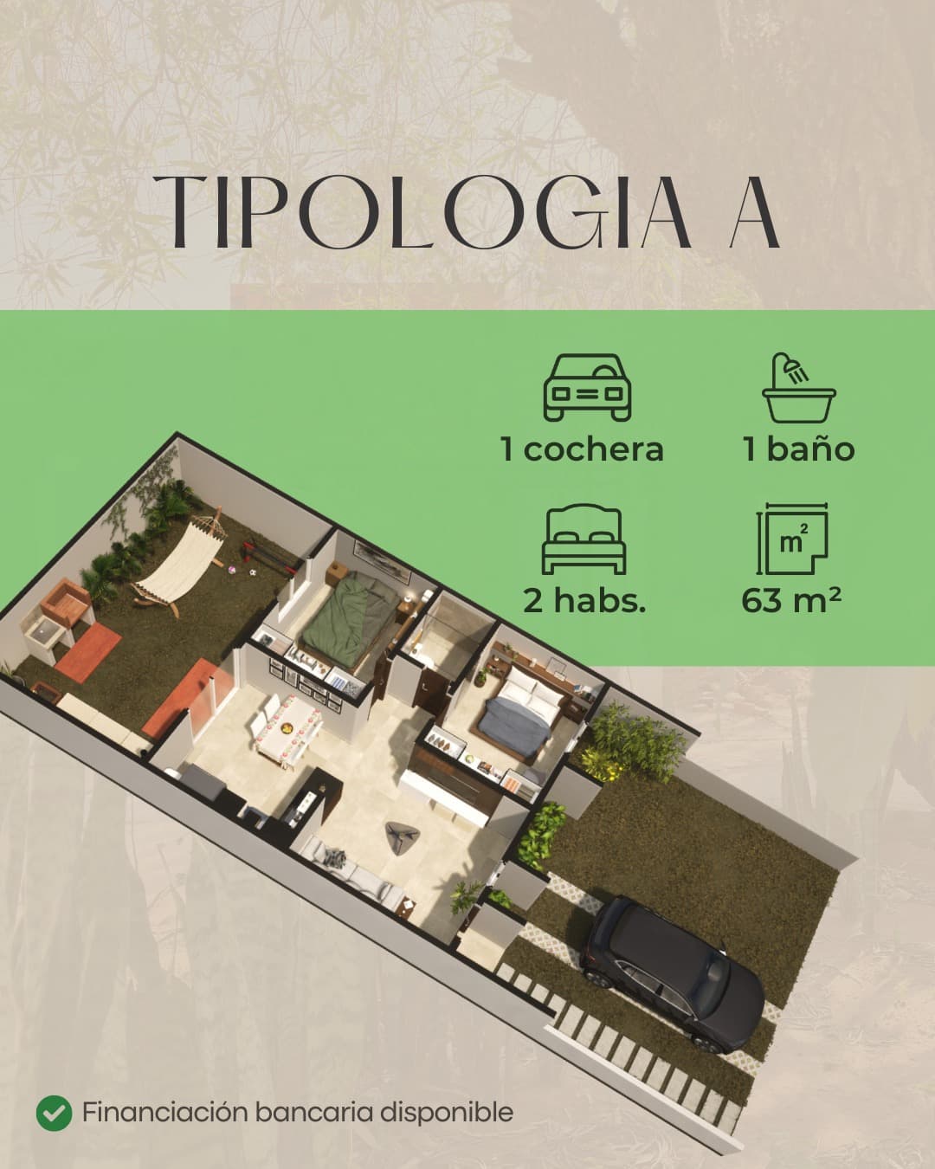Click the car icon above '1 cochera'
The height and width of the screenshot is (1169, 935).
point(587,387)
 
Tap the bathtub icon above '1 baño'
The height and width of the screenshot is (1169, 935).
point(798,387)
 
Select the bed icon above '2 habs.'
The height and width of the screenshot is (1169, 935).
point(584,539)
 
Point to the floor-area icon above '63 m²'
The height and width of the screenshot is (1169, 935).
point(792,539)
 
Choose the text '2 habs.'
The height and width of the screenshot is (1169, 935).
point(584,601)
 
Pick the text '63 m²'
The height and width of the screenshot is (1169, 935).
point(791,600)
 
